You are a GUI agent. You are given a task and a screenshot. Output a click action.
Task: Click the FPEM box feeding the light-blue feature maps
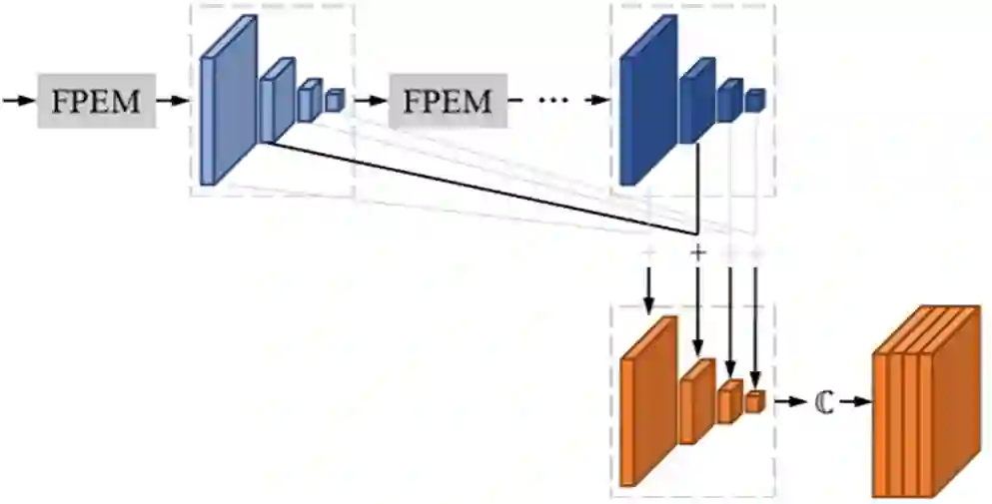(97, 101)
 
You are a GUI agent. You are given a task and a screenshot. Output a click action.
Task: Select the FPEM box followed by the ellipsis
(447, 101)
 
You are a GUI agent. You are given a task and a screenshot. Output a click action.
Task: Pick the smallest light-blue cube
(334, 101)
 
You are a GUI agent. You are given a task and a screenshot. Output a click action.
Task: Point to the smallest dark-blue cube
(755, 100)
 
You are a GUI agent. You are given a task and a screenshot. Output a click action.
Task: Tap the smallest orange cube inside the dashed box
(754, 401)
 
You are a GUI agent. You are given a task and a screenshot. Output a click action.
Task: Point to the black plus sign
(698, 252)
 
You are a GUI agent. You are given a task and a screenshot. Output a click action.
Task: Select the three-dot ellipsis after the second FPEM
(552, 101)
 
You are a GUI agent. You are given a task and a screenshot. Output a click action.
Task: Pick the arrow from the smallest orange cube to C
(789, 401)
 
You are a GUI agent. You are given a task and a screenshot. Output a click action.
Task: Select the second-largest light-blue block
(277, 101)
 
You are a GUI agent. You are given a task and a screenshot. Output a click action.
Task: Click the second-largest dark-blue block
(697, 101)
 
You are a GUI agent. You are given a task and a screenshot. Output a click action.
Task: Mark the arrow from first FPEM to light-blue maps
(175, 101)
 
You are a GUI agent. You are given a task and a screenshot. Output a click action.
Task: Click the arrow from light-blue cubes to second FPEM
(369, 101)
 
